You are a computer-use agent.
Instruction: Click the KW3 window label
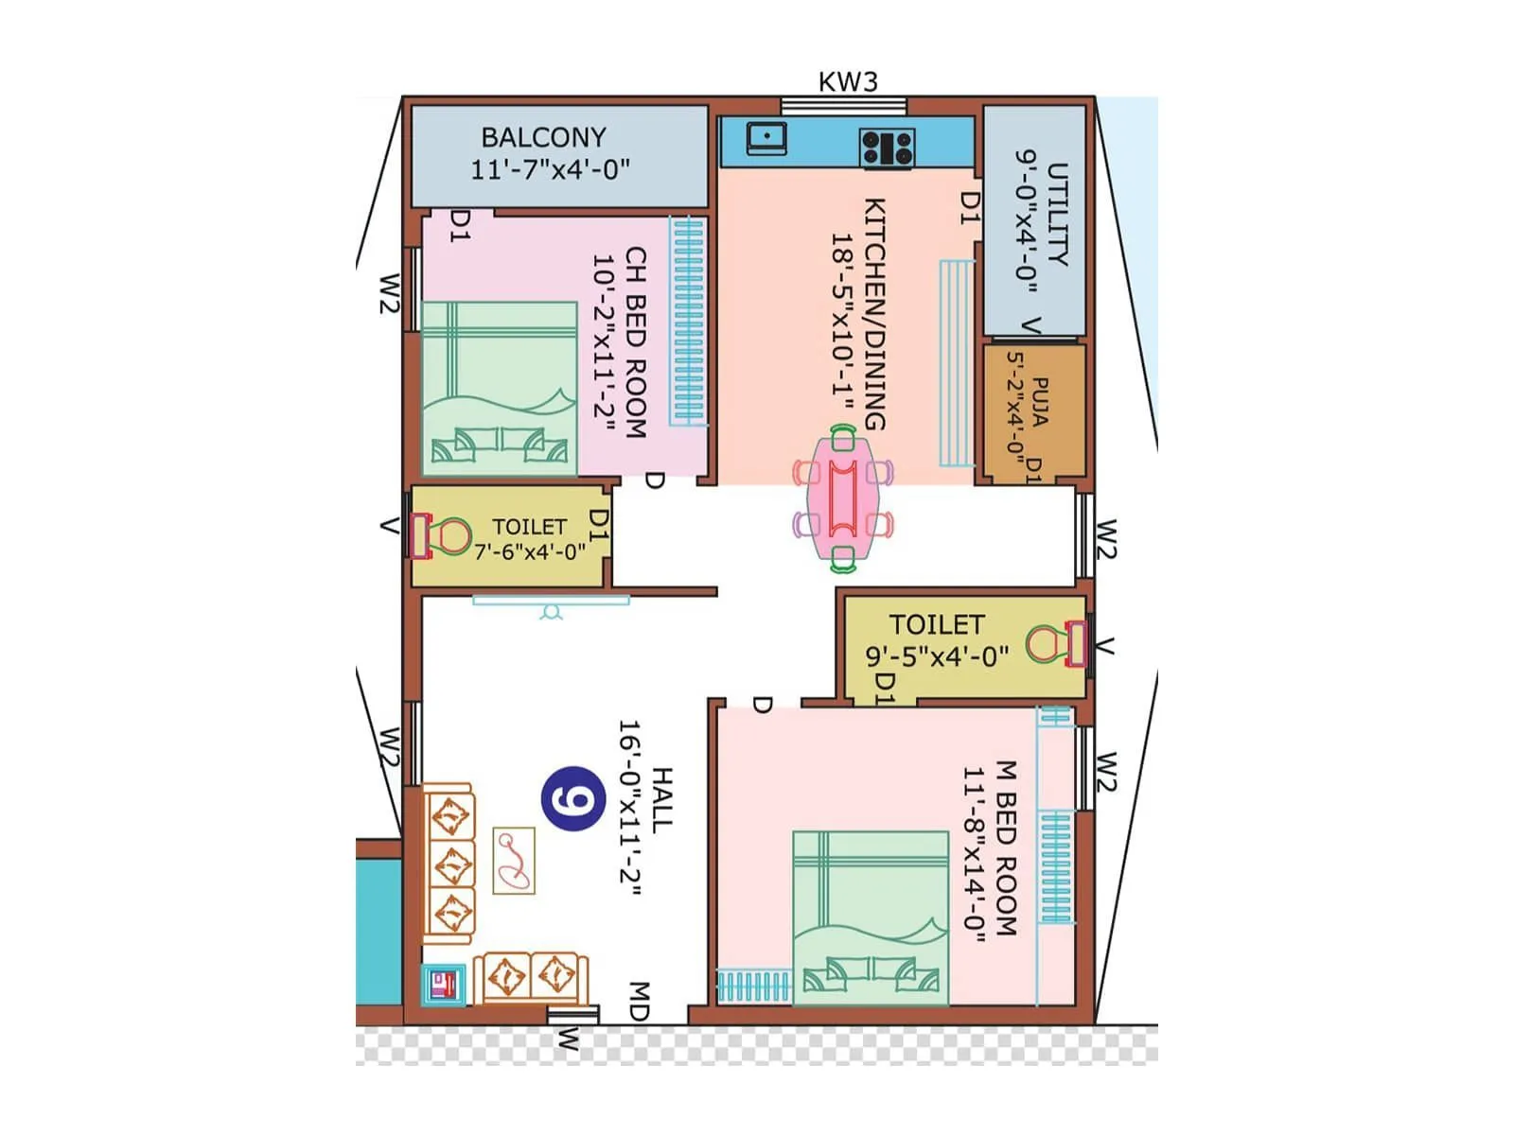point(848,82)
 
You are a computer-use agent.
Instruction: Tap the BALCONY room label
point(544,137)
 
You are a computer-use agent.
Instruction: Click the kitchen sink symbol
point(766,138)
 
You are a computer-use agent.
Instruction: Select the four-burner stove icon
point(887,148)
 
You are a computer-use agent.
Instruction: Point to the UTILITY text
point(1057,215)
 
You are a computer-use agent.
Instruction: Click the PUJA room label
point(1039,403)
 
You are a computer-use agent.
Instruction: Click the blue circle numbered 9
point(573,800)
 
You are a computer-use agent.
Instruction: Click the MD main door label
point(639,1001)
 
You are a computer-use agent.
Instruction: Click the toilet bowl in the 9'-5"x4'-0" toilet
point(1046,644)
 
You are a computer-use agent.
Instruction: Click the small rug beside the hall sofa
point(514,860)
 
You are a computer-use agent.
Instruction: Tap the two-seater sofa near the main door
point(530,977)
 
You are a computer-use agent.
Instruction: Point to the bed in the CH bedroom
point(499,388)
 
